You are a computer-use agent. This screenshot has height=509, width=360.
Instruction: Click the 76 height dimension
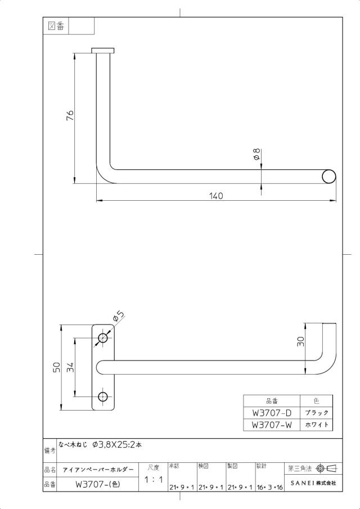(x=70, y=115)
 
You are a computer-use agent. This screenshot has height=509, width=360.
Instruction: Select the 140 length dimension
(x=216, y=196)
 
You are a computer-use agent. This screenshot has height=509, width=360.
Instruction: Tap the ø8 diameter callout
(x=256, y=154)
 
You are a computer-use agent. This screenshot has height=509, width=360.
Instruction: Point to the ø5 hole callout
(x=119, y=316)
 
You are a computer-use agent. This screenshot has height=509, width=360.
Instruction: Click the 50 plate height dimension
(x=56, y=367)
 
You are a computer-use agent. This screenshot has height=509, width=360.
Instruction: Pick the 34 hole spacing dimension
(x=70, y=367)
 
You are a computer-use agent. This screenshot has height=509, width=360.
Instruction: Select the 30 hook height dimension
(x=301, y=341)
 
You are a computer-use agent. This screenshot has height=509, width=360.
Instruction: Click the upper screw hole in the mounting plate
(x=103, y=338)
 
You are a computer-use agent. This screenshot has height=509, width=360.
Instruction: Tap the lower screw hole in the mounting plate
(x=103, y=397)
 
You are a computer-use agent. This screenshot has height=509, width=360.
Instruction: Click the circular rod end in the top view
(x=329, y=177)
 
